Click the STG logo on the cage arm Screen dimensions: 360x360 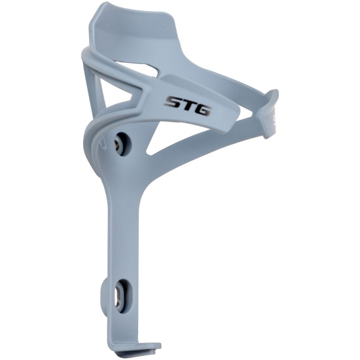188,106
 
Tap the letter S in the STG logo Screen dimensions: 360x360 173,102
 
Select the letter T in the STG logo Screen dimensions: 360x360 187,105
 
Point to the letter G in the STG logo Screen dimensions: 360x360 202,110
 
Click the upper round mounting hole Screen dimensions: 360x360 123,144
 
